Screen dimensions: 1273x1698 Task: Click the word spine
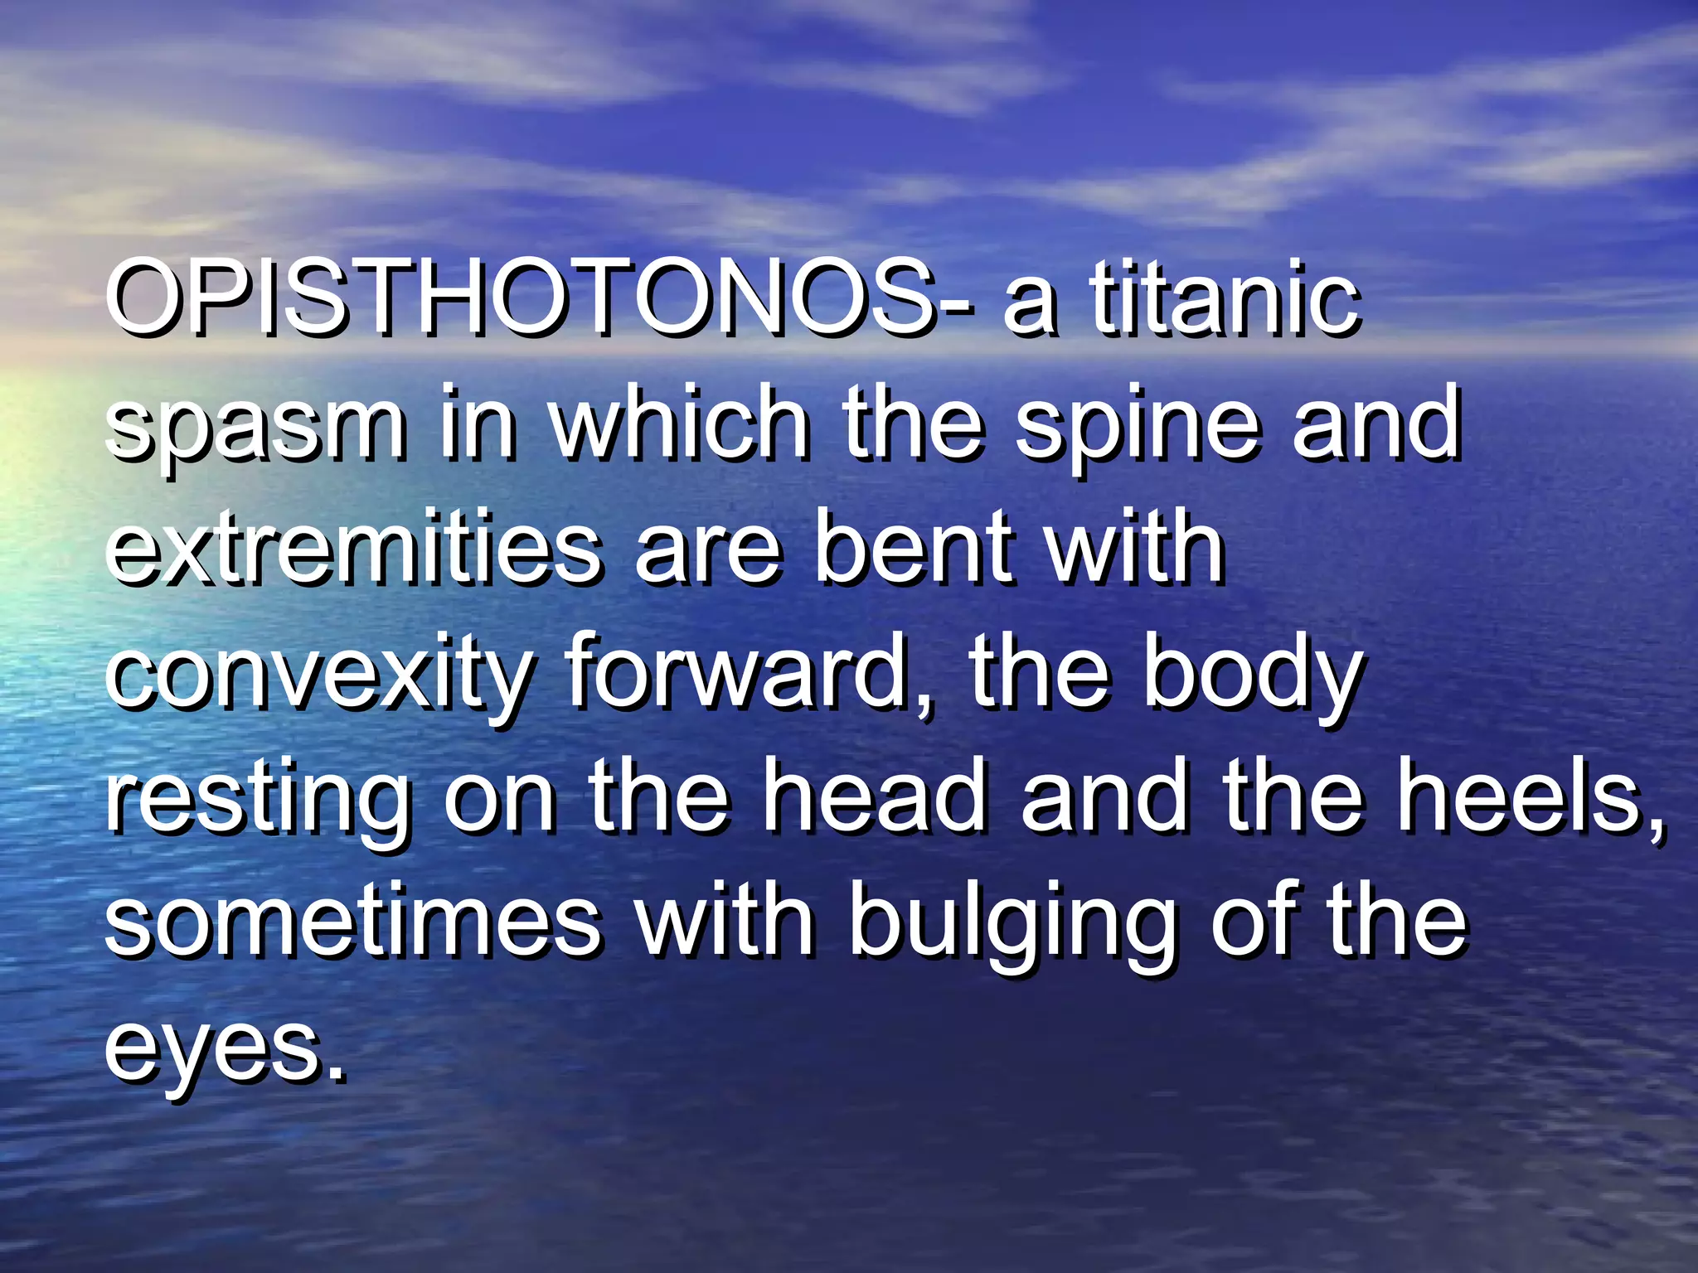click(x=1136, y=427)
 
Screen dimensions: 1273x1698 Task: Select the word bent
click(x=912, y=547)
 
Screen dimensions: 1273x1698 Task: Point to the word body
click(x=1252, y=675)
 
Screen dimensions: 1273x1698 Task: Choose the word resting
click(x=257, y=800)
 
